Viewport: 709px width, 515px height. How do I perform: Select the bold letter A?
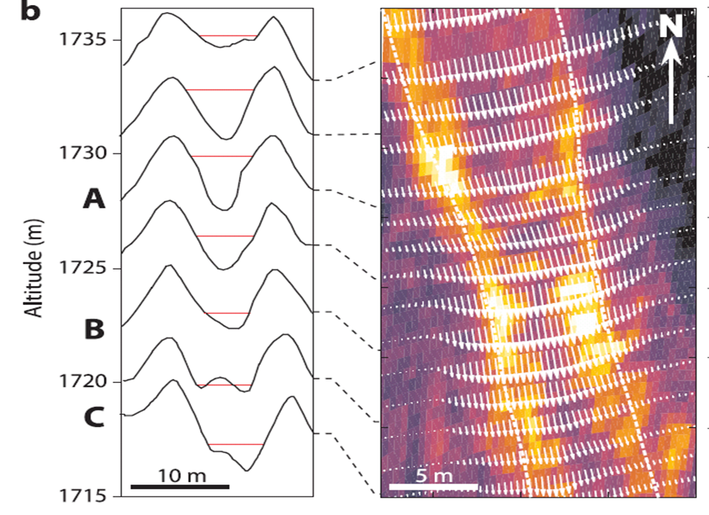[x=94, y=200]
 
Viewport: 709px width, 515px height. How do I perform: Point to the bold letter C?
[x=94, y=418]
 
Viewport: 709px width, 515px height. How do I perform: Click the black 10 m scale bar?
[x=180, y=487]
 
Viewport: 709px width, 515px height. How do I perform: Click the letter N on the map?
[x=672, y=27]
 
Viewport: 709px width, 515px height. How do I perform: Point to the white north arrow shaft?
[x=672, y=92]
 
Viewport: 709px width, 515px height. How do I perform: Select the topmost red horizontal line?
[x=228, y=35]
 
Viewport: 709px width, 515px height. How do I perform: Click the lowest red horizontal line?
[x=236, y=445]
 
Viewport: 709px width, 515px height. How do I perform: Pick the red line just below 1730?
[x=221, y=156]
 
